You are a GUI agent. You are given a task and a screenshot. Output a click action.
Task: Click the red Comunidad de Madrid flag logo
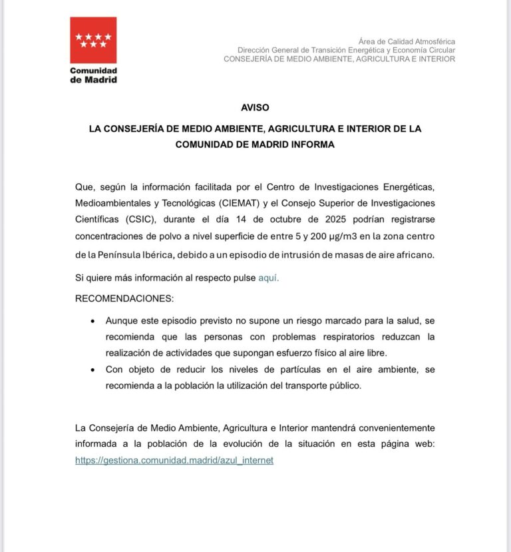pyautogui.click(x=93, y=40)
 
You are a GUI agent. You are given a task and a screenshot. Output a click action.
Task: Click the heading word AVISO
pyautogui.click(x=255, y=107)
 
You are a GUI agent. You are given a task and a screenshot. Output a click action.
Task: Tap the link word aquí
pyautogui.click(x=268, y=278)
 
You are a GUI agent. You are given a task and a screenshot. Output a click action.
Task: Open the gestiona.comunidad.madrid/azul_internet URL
pyautogui.click(x=174, y=460)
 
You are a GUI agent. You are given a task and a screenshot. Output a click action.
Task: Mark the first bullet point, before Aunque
pyautogui.click(x=92, y=320)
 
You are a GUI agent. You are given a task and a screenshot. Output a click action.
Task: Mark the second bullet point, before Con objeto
pyautogui.click(x=92, y=370)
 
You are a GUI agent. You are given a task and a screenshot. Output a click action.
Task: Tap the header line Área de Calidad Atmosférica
pyautogui.click(x=407, y=42)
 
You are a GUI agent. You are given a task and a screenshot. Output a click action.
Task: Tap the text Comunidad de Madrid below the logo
pyautogui.click(x=93, y=75)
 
